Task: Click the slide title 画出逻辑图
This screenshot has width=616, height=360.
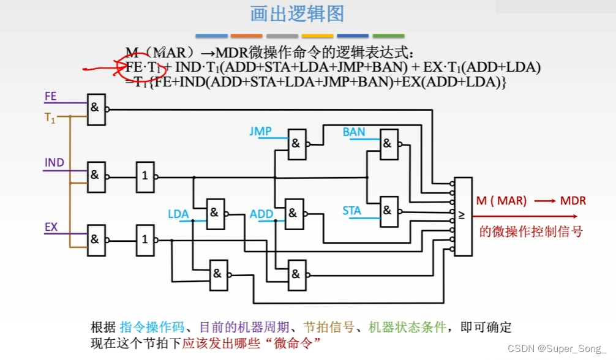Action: [297, 14]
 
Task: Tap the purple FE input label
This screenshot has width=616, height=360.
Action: [50, 96]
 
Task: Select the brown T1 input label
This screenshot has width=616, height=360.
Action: [50, 119]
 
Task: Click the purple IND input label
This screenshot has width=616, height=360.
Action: [54, 163]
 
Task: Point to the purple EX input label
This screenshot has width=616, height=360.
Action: [51, 227]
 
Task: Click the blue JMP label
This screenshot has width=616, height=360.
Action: [260, 131]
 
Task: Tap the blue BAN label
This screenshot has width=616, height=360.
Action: [354, 132]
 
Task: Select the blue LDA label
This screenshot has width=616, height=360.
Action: [178, 214]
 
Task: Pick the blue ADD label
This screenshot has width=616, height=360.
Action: [261, 214]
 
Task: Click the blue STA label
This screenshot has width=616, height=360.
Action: [351, 211]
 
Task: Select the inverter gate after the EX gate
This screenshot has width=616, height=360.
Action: [145, 239]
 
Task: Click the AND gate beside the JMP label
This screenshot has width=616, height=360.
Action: [296, 144]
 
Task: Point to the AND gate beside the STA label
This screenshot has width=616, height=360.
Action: [388, 211]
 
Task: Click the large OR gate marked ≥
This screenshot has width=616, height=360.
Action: [463, 216]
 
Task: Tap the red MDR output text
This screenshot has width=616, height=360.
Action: [573, 201]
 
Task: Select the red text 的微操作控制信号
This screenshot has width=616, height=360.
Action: [530, 231]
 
